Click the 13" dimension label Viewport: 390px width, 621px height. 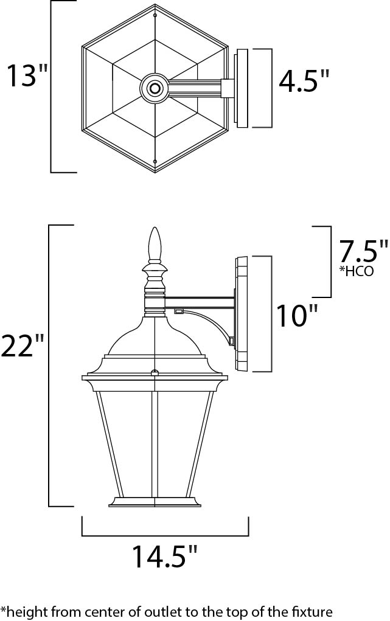27,76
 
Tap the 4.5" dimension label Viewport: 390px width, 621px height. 304,81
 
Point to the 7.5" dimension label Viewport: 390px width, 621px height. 363,251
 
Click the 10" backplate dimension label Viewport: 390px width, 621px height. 297,316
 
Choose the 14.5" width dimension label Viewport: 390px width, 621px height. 165,557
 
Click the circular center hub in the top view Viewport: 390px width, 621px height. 155,89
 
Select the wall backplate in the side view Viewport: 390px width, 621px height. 242,313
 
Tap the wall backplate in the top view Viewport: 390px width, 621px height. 242,89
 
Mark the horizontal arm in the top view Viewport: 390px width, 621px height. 195,89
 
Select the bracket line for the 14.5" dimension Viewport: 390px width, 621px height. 165,535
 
